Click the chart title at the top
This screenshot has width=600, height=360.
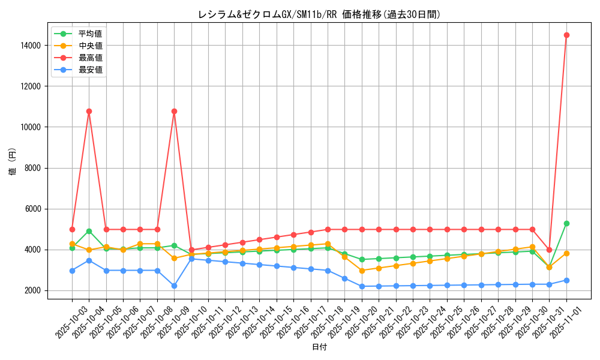[x=319, y=14]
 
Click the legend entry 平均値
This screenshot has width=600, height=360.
[x=90, y=34]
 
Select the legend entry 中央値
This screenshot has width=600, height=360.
[x=90, y=46]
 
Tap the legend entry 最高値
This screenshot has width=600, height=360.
[x=90, y=58]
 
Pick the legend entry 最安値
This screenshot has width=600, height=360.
[x=90, y=70]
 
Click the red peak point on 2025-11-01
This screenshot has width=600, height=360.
[x=566, y=35]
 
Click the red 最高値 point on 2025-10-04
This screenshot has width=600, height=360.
[x=89, y=111]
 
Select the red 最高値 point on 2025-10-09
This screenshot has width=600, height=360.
[x=174, y=111]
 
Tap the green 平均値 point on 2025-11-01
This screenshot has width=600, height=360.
[x=566, y=223]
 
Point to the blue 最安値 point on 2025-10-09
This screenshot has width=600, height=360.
[x=174, y=286]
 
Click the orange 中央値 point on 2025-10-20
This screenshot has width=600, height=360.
[x=362, y=271]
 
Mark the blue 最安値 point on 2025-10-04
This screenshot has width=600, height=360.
[x=89, y=260]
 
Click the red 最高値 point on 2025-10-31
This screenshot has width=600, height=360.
[x=549, y=250]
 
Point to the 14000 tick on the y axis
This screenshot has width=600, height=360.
[x=30, y=45]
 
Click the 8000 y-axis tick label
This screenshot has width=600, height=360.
[x=32, y=168]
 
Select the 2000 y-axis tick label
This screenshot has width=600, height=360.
[x=32, y=290]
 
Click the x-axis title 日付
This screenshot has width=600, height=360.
[x=319, y=347]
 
